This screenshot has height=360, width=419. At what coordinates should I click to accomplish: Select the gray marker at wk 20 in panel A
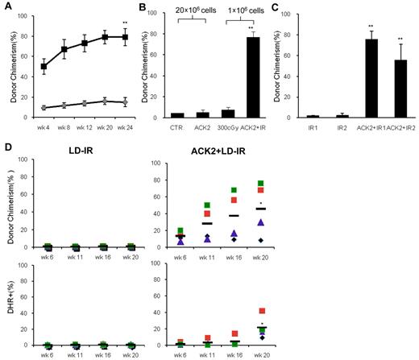click(103, 101)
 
